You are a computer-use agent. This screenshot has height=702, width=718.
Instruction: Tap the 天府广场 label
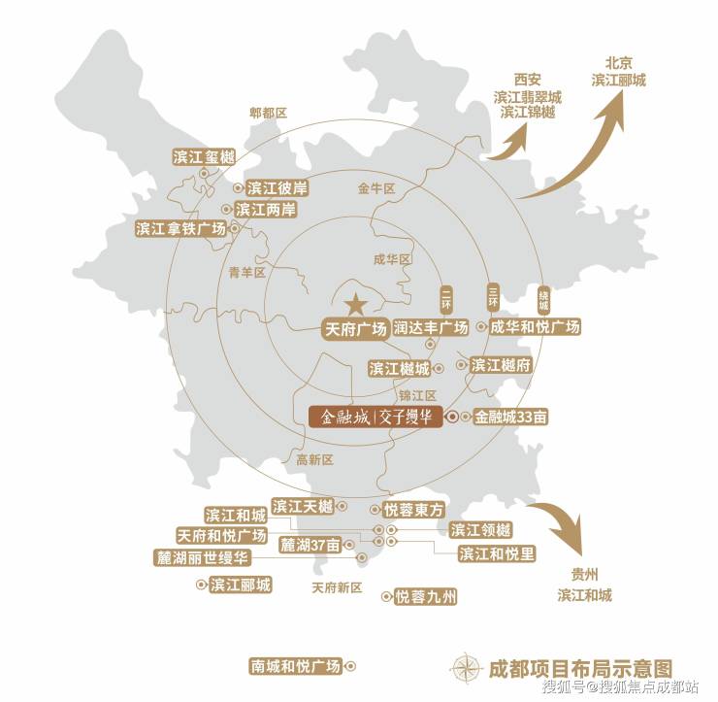[354, 327]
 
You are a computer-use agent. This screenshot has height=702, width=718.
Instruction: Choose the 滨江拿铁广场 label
[181, 229]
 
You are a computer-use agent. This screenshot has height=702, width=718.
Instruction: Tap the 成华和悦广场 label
[535, 327]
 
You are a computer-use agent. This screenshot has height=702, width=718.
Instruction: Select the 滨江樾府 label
[501, 365]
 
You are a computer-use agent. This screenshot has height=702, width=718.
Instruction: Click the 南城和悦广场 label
[296, 666]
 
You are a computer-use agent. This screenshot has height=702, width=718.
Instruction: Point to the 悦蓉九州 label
[426, 597]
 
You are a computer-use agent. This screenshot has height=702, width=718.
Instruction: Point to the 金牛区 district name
[376, 189]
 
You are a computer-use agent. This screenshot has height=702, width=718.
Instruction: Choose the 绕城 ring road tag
[542, 298]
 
